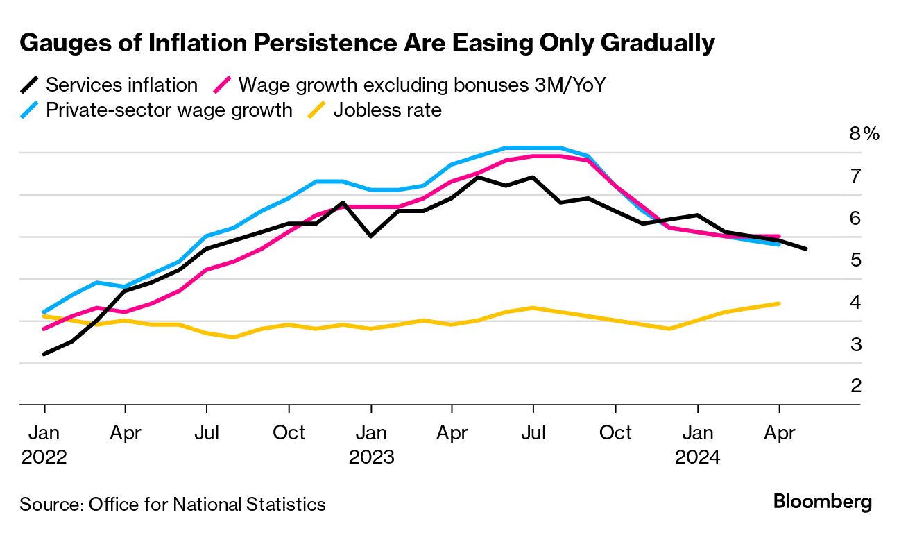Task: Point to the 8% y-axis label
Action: coord(864,134)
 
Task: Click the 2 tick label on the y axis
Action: coord(856,385)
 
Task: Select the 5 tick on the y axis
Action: coord(856,260)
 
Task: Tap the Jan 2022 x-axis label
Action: coord(44,445)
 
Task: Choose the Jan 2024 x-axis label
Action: coord(697,445)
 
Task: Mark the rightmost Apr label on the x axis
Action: coord(779,433)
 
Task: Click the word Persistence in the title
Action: coord(323,43)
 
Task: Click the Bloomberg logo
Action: coord(823,502)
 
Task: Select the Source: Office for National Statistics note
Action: coord(173,504)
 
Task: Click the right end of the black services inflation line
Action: coord(805,248)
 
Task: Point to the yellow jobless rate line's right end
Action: coord(779,303)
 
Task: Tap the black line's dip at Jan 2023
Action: coord(371,236)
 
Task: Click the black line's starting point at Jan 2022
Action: coord(44,354)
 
